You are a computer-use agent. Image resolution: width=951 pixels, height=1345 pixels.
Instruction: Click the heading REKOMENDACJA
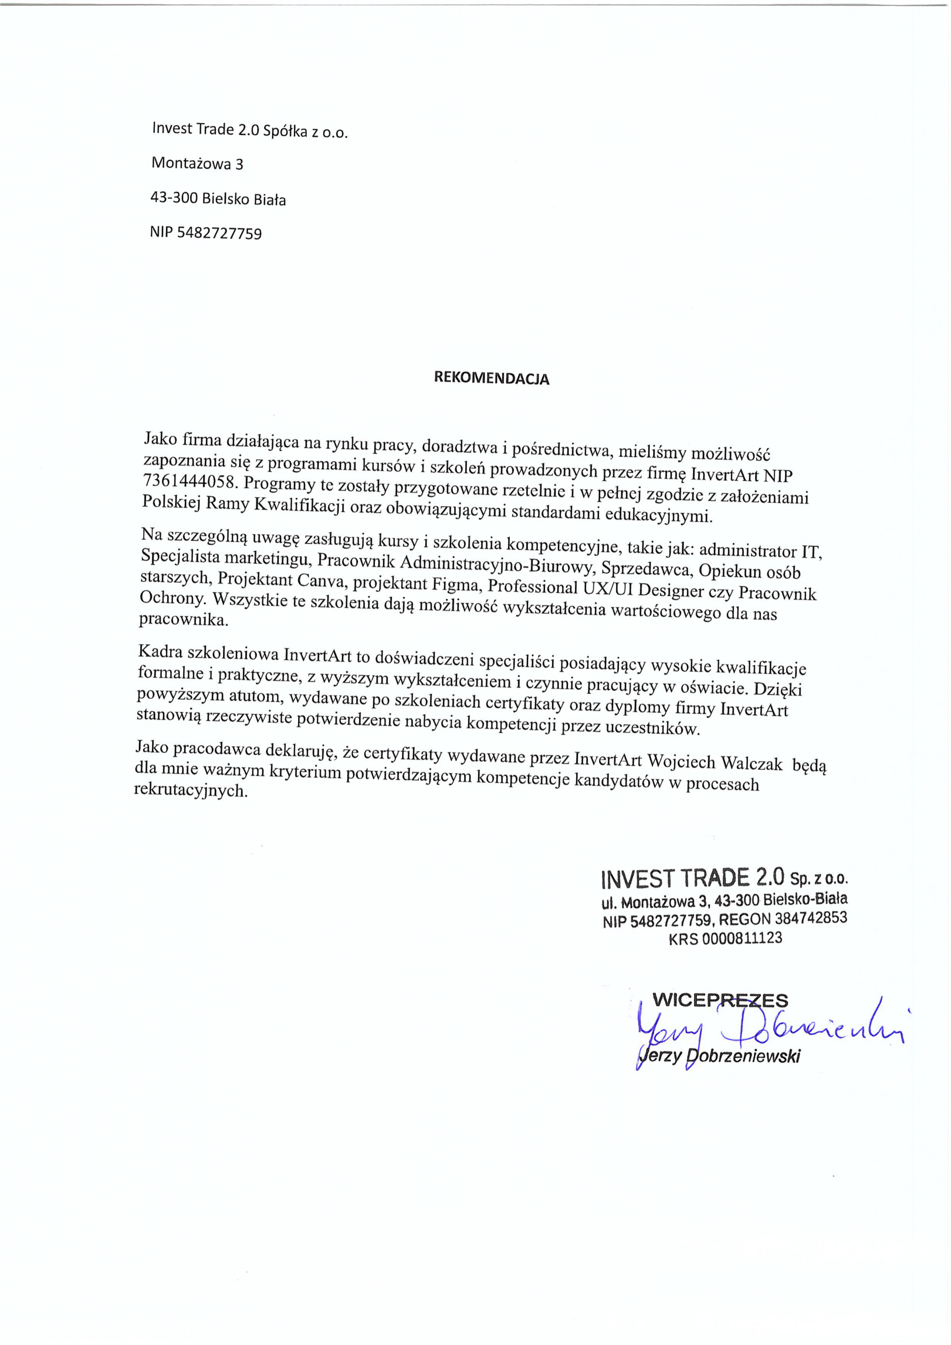492,378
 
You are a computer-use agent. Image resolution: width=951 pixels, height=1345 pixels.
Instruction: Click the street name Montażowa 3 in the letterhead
197,163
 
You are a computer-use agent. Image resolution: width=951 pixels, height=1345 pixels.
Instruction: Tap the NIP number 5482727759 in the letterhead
219,233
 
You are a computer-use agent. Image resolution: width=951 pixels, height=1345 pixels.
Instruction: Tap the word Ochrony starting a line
172,598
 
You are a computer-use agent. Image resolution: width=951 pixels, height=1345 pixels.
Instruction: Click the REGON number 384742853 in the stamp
810,918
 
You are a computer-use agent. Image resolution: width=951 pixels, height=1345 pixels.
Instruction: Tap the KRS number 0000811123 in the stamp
741,938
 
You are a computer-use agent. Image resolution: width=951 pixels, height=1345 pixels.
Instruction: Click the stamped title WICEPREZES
720,999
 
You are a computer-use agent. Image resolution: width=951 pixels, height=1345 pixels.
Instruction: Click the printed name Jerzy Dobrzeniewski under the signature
720,1056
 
